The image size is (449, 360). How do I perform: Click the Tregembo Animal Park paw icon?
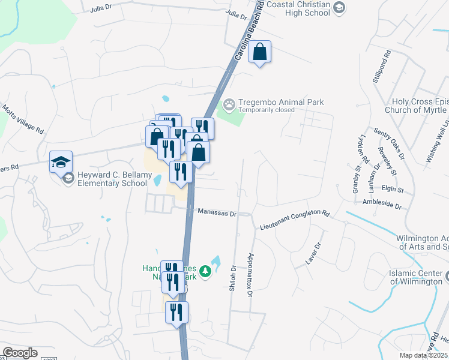point(229,105)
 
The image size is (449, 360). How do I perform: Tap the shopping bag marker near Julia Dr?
point(260,53)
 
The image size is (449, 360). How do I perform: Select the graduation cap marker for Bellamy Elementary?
point(61,163)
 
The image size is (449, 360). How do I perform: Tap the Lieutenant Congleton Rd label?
point(295,220)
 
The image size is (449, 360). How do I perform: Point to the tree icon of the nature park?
point(205,272)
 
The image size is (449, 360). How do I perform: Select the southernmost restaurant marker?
point(177,313)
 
